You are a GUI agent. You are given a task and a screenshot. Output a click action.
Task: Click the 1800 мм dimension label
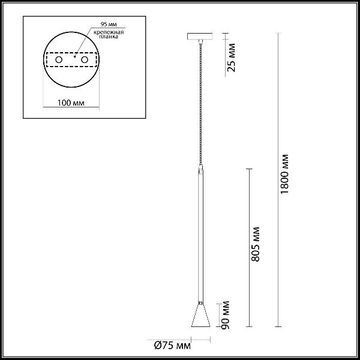pos(284,174)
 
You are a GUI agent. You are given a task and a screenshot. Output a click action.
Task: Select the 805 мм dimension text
pos(256,244)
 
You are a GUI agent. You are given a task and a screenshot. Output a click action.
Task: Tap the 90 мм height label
pos(226,315)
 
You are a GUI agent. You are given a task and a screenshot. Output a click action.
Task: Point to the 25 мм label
pos(231,58)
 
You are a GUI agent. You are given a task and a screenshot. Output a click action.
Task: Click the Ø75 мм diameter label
pos(172,346)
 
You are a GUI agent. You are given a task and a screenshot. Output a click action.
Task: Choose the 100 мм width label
pos(71,103)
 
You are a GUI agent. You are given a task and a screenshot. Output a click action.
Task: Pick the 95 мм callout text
pos(109,24)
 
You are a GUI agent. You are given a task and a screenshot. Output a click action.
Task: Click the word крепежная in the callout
pos(109,32)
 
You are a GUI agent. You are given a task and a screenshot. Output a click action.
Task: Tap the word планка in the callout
pos(109,37)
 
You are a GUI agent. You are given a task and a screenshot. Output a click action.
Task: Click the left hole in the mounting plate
pos(59,59)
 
